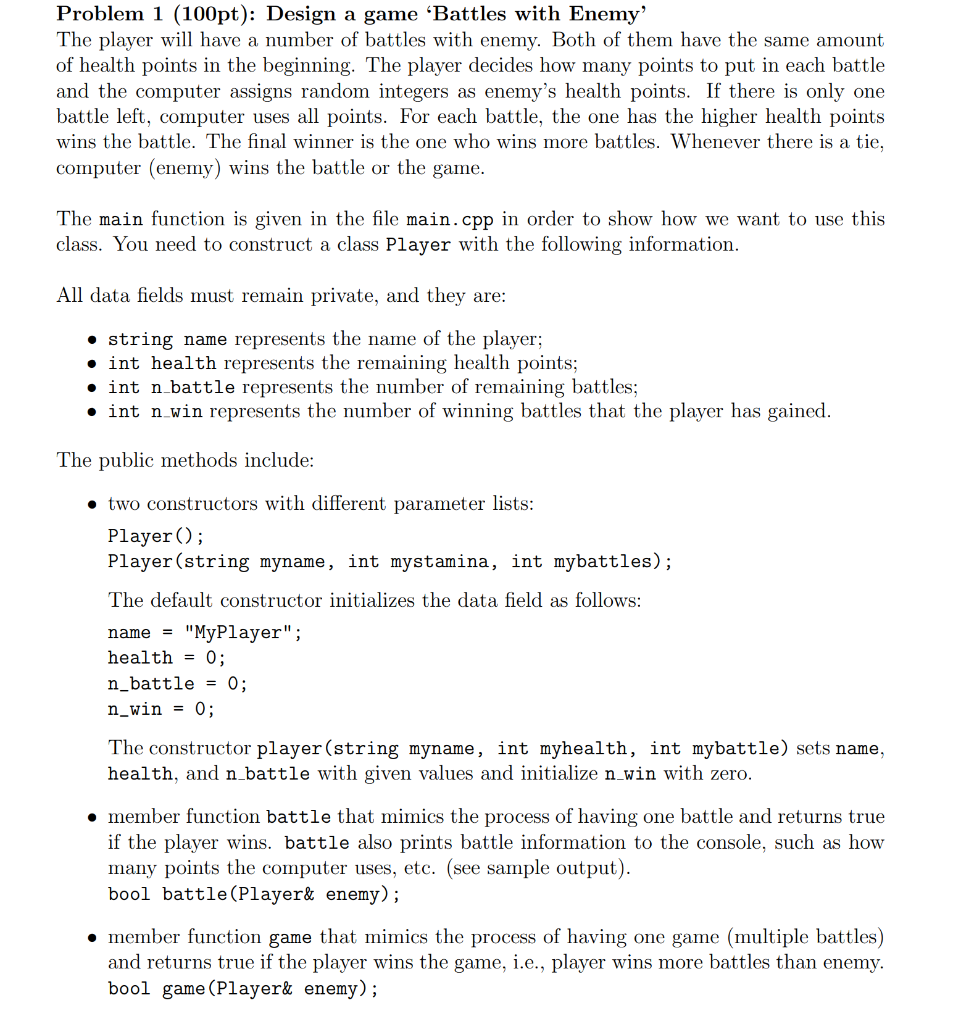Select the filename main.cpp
(452, 219)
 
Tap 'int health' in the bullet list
(161, 363)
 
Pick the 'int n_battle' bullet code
(172, 387)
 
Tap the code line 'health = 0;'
(166, 657)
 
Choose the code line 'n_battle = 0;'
(177, 683)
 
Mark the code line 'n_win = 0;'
(161, 709)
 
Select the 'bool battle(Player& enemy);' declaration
(254, 894)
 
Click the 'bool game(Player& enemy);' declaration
(243, 989)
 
